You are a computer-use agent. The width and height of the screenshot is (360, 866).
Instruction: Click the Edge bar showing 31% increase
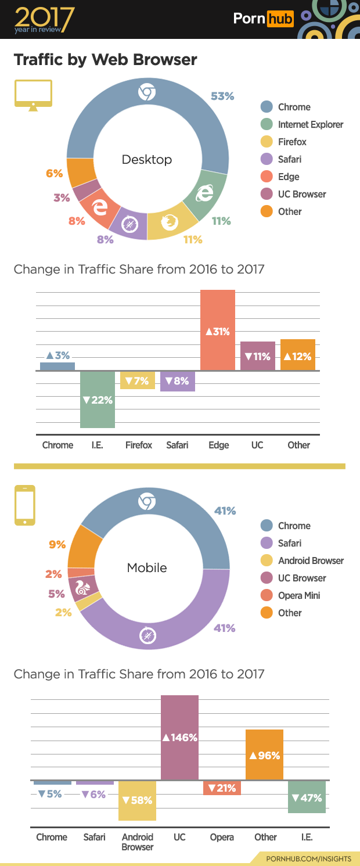point(218,330)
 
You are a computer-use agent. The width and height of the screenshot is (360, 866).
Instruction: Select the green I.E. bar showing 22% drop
point(98,399)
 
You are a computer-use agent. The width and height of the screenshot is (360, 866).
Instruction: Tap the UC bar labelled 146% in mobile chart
point(179,737)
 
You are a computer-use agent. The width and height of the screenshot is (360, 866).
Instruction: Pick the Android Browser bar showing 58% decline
point(137,800)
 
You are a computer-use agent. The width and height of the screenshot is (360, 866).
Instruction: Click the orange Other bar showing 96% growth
point(264,754)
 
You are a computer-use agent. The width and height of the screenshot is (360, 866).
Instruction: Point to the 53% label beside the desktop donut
point(222,96)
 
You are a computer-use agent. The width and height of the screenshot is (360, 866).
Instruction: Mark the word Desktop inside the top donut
point(147,159)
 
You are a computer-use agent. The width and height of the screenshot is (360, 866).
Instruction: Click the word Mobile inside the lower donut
point(147,567)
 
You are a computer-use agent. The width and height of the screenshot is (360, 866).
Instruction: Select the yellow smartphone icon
point(25,505)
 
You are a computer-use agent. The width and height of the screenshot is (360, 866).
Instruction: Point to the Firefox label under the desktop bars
point(139,445)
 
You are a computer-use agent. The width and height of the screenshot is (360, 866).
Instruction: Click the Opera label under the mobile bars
point(222,837)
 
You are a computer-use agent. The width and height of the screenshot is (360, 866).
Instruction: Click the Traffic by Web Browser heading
point(105,60)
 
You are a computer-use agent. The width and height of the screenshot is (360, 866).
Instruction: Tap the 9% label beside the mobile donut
point(57,544)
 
